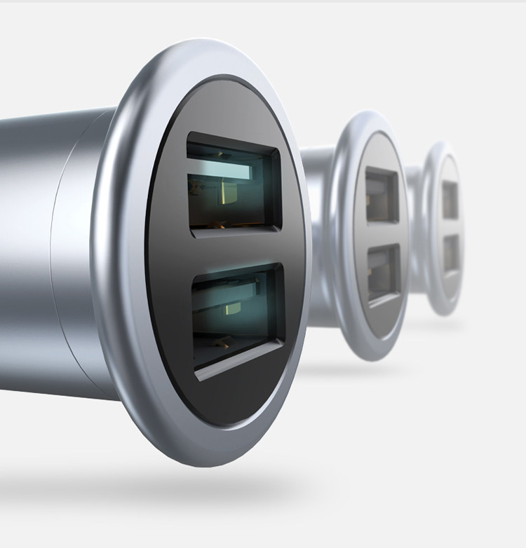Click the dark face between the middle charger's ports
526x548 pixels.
point(382,235)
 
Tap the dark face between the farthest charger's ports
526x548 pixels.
point(451,226)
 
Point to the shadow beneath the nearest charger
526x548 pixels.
point(175,484)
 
